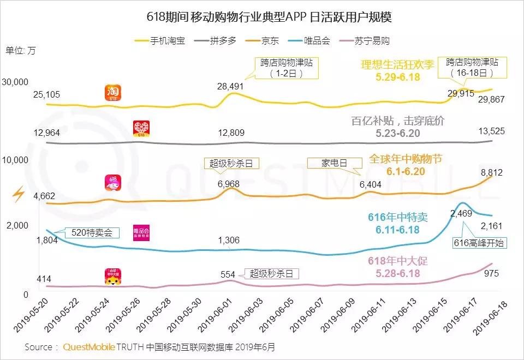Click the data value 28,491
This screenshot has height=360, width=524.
[x=230, y=86]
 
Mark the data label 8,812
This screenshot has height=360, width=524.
[x=491, y=173]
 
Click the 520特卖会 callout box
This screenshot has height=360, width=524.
[x=92, y=233]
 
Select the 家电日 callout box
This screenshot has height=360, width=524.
[x=335, y=164]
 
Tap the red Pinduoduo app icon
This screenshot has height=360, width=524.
[x=142, y=129]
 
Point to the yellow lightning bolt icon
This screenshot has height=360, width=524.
[x=19, y=194]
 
